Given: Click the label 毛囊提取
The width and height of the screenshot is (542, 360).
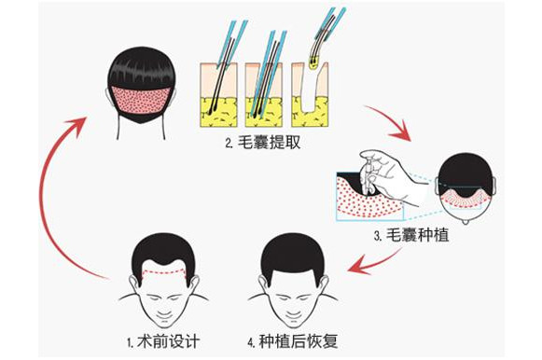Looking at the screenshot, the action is tap(269, 143).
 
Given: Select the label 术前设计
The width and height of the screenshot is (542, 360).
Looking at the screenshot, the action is tap(169, 341).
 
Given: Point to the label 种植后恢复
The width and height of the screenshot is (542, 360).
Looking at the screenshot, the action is tap(298, 341).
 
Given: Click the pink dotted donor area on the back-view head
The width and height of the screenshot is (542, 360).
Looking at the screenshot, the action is tap(141, 100).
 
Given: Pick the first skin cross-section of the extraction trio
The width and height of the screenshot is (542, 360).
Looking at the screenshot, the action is tap(219, 95).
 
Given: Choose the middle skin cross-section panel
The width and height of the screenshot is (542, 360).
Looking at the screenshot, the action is tap(264, 95).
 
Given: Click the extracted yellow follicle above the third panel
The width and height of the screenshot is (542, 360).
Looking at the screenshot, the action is tap(313, 62).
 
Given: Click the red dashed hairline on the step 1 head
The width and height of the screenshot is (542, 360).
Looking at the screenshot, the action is tap(163, 272).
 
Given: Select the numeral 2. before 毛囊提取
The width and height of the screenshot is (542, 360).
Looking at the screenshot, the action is tap(229, 143).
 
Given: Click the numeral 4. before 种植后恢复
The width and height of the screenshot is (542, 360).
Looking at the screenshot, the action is tap(251, 342).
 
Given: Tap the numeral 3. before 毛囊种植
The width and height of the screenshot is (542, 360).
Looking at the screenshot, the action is tap(378, 236).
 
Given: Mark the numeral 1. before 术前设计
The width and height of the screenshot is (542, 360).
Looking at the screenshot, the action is tap(131, 342).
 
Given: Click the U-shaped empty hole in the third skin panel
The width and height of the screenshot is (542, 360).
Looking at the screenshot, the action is tap(310, 100).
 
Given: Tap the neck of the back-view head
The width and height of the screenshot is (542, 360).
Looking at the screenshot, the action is tap(141, 130).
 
